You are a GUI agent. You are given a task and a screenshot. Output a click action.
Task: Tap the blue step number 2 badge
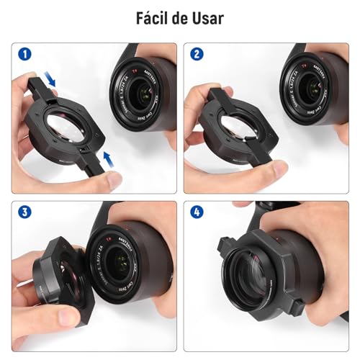tap(195, 54)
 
